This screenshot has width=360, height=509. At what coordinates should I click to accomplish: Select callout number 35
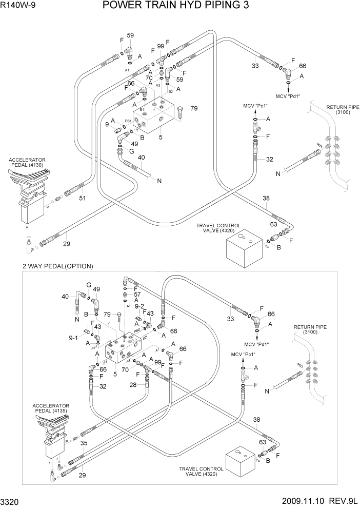(84, 443)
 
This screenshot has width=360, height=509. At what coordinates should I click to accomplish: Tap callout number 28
(133, 385)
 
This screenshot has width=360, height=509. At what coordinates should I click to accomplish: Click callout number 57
(137, 295)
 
